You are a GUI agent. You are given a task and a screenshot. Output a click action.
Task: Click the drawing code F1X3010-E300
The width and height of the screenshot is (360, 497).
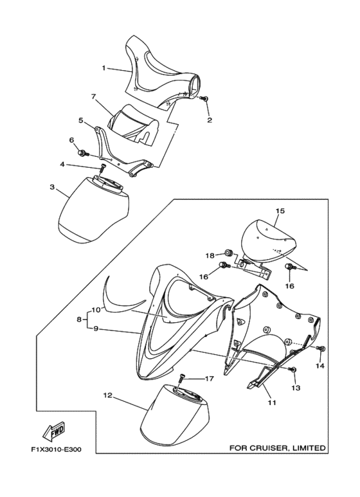(56, 450)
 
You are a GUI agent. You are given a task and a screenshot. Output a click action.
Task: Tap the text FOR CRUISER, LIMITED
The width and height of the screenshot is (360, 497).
(277, 448)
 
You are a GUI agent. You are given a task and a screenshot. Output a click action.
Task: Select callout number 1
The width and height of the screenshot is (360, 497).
(104, 68)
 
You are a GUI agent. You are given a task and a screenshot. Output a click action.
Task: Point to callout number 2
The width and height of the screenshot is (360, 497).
(210, 120)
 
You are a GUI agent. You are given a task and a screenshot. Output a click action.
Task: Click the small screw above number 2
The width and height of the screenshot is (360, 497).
(205, 99)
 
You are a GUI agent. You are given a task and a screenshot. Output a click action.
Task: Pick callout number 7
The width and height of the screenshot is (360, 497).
(93, 96)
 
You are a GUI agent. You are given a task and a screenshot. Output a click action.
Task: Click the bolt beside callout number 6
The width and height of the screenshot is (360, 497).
(82, 154)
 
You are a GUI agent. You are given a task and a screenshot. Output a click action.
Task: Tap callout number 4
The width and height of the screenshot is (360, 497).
(62, 165)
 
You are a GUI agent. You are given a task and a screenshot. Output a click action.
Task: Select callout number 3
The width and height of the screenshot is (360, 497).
(52, 186)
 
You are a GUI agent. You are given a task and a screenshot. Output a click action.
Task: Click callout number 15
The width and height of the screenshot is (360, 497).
(280, 211)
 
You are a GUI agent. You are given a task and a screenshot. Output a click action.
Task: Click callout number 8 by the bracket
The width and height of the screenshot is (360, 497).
(79, 320)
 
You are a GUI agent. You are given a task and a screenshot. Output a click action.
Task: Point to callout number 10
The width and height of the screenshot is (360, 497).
(96, 309)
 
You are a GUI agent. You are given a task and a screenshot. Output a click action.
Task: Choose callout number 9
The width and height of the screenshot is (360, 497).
(95, 329)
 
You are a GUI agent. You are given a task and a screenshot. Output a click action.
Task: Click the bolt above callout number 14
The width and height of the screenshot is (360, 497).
(322, 349)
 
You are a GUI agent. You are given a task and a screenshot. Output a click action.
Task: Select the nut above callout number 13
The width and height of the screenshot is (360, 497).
(293, 369)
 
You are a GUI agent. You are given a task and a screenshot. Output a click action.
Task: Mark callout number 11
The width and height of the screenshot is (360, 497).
(272, 402)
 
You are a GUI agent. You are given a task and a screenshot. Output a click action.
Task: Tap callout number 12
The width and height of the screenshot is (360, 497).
(108, 395)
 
